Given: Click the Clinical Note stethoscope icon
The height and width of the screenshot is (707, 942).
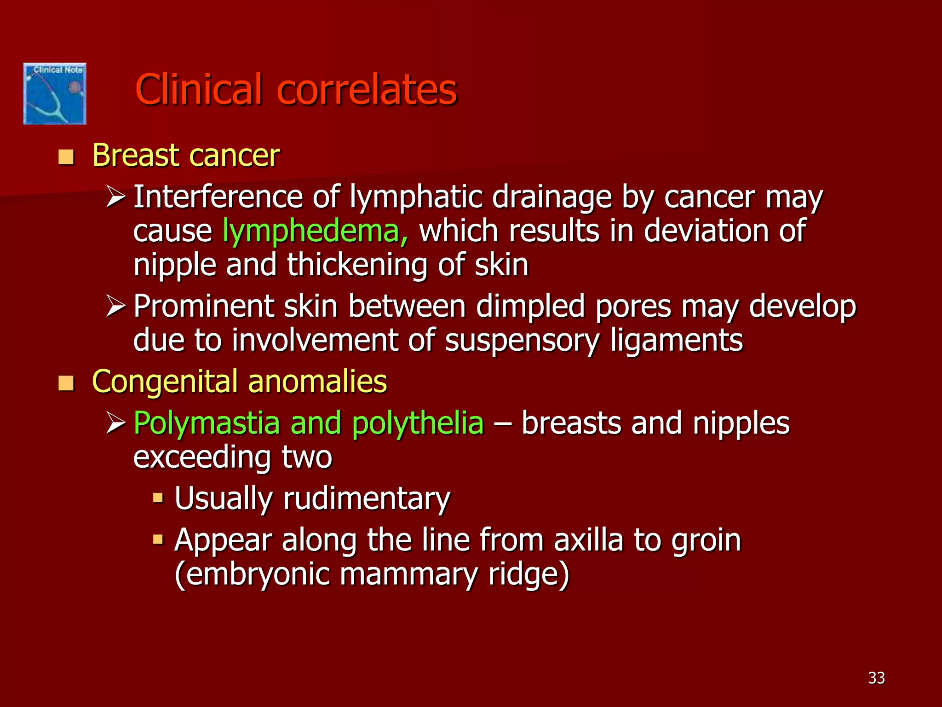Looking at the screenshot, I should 55,94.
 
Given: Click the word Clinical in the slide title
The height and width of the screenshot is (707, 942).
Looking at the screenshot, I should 199,89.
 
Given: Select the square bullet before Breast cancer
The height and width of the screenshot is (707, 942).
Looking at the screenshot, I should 66,157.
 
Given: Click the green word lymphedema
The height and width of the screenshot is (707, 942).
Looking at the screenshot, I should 315,231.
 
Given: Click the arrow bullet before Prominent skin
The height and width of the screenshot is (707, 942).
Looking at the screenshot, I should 115,306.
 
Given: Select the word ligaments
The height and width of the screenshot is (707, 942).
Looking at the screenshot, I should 677,341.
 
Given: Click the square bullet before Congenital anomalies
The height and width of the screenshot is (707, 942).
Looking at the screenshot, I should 66,383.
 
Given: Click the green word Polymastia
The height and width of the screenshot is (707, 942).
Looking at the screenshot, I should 207,423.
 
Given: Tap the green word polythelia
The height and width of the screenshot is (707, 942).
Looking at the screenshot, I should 418,423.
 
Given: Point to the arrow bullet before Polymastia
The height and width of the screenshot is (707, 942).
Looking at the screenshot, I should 115,423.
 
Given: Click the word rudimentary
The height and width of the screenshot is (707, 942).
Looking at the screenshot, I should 367,499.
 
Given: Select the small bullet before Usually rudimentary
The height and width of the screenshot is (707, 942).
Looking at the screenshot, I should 158,498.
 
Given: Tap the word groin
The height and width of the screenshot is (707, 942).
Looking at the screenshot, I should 706,541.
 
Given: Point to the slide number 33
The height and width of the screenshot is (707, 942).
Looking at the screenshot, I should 876,678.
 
